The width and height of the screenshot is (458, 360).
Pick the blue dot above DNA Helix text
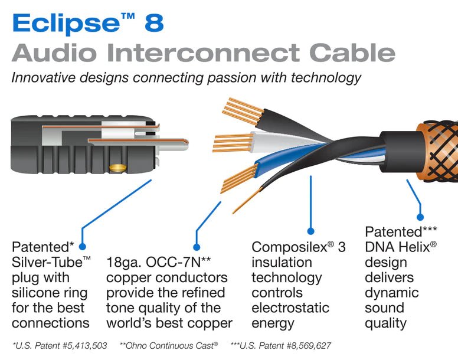(420, 217)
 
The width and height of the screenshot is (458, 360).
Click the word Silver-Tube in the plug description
(41, 262)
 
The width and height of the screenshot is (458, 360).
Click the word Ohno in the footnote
(136, 345)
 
